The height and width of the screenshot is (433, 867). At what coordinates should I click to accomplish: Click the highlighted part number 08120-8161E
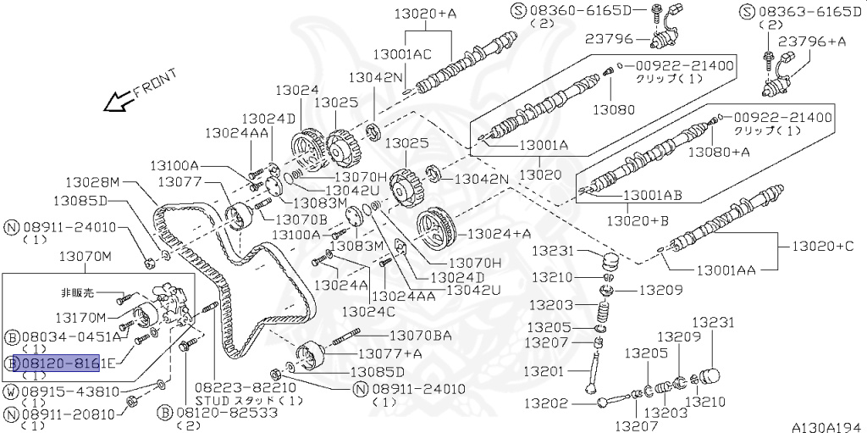point(56,363)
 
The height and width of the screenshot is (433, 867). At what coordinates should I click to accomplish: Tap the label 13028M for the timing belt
point(93,181)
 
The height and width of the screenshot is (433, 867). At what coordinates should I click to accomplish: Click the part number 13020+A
point(426,13)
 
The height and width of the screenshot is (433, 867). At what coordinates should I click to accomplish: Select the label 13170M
point(81,318)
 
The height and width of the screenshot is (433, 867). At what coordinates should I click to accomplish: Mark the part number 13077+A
point(390,353)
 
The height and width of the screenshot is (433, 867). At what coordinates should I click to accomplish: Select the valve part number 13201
point(542,371)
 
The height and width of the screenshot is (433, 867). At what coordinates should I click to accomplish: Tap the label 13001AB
point(653,195)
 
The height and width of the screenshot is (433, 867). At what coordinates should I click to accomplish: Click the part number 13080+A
point(719,152)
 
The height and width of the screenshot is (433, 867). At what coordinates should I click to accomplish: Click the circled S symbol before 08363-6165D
point(746,11)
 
